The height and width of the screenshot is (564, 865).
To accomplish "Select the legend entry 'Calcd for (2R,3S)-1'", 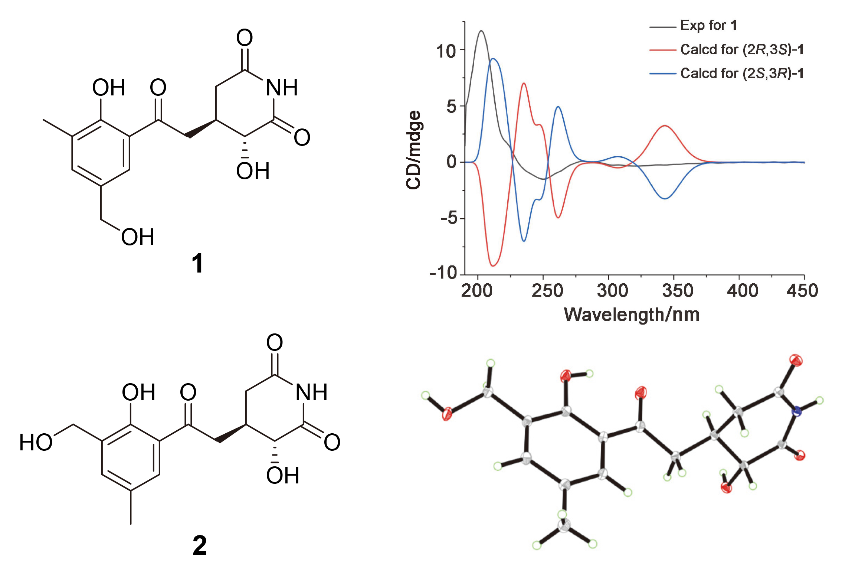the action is click(727, 49).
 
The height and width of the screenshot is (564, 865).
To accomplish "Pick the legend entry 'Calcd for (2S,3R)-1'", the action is click(727, 73).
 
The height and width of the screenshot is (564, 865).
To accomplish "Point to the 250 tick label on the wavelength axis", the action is click(547, 290).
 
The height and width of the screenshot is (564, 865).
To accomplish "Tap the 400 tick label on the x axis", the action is click(743, 290).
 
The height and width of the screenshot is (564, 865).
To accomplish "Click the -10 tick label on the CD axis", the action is click(443, 273).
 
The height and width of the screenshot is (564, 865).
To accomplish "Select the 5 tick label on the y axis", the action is click(452, 107).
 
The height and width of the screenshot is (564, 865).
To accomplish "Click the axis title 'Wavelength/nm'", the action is click(632, 314).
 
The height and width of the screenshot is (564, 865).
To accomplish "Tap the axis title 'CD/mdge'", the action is click(414, 150).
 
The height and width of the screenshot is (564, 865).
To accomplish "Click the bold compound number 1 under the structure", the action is click(197, 263).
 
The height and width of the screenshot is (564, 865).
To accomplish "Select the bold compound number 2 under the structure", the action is click(200, 545).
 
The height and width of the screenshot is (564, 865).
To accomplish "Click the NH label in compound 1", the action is click(282, 88).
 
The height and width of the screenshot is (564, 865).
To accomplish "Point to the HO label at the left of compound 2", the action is click(36, 442).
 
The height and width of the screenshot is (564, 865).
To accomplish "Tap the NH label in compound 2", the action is click(312, 392).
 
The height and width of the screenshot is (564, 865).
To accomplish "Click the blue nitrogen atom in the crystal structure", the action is click(796, 411).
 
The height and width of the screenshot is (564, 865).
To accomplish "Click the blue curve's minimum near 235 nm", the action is click(524, 241).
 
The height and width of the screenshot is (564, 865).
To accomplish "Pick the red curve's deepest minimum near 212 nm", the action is click(493, 266).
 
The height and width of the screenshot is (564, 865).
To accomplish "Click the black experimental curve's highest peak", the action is click(481, 31).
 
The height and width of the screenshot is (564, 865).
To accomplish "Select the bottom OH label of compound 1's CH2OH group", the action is click(138, 237).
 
